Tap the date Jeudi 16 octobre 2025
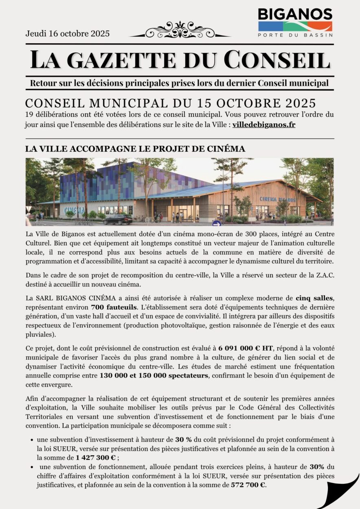[x=68, y=34]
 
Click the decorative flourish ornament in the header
[x=179, y=31]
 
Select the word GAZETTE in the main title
[x=118, y=59]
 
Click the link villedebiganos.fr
[x=264, y=125]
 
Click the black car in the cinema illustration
[x=118, y=220]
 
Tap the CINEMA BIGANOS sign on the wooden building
[x=278, y=199]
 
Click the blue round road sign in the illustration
[x=217, y=223]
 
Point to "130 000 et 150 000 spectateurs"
[x=154, y=375]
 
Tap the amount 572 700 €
[x=248, y=485]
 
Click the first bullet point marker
[x=32, y=440]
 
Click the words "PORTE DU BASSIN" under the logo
[x=295, y=35]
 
